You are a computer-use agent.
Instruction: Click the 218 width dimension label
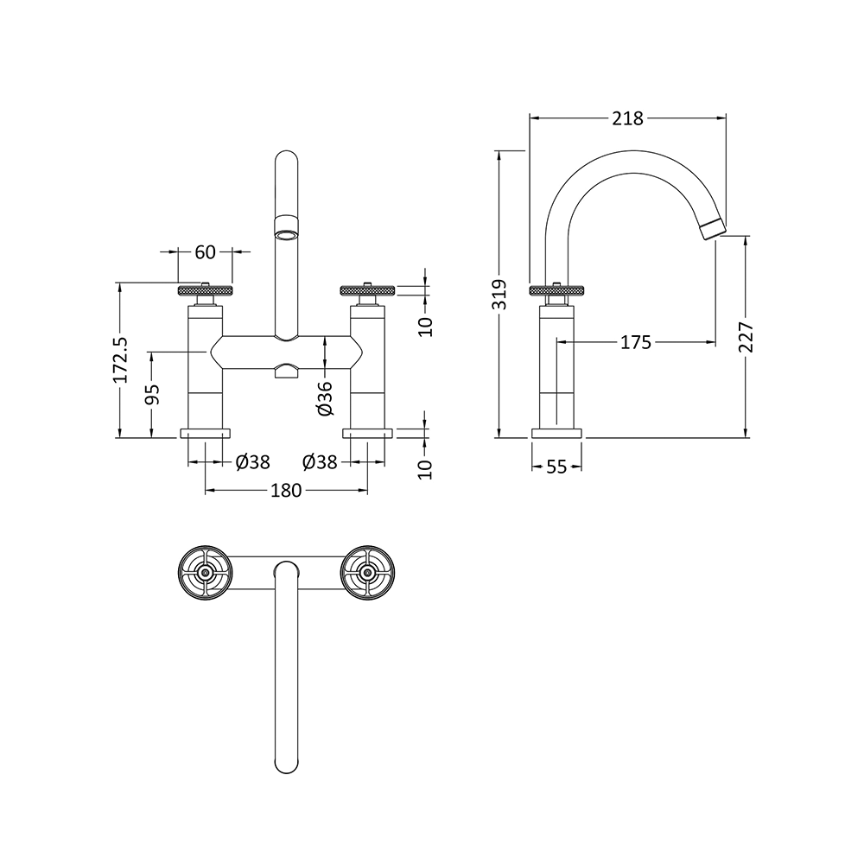click(627, 118)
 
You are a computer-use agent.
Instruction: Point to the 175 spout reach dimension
click(635, 343)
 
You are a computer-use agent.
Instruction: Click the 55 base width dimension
click(556, 467)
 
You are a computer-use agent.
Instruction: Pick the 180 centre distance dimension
click(286, 491)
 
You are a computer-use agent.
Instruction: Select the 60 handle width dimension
click(205, 252)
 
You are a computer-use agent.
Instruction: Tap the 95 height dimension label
click(152, 395)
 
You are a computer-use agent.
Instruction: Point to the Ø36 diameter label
click(324, 396)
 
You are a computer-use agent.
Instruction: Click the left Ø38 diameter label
click(252, 462)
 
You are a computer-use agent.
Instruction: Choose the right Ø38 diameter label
click(321, 462)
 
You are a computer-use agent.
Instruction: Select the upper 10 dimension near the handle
click(425, 325)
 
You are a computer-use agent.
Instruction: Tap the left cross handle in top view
click(205, 572)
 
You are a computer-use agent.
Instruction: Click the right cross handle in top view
click(367, 572)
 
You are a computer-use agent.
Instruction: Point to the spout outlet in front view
click(286, 232)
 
